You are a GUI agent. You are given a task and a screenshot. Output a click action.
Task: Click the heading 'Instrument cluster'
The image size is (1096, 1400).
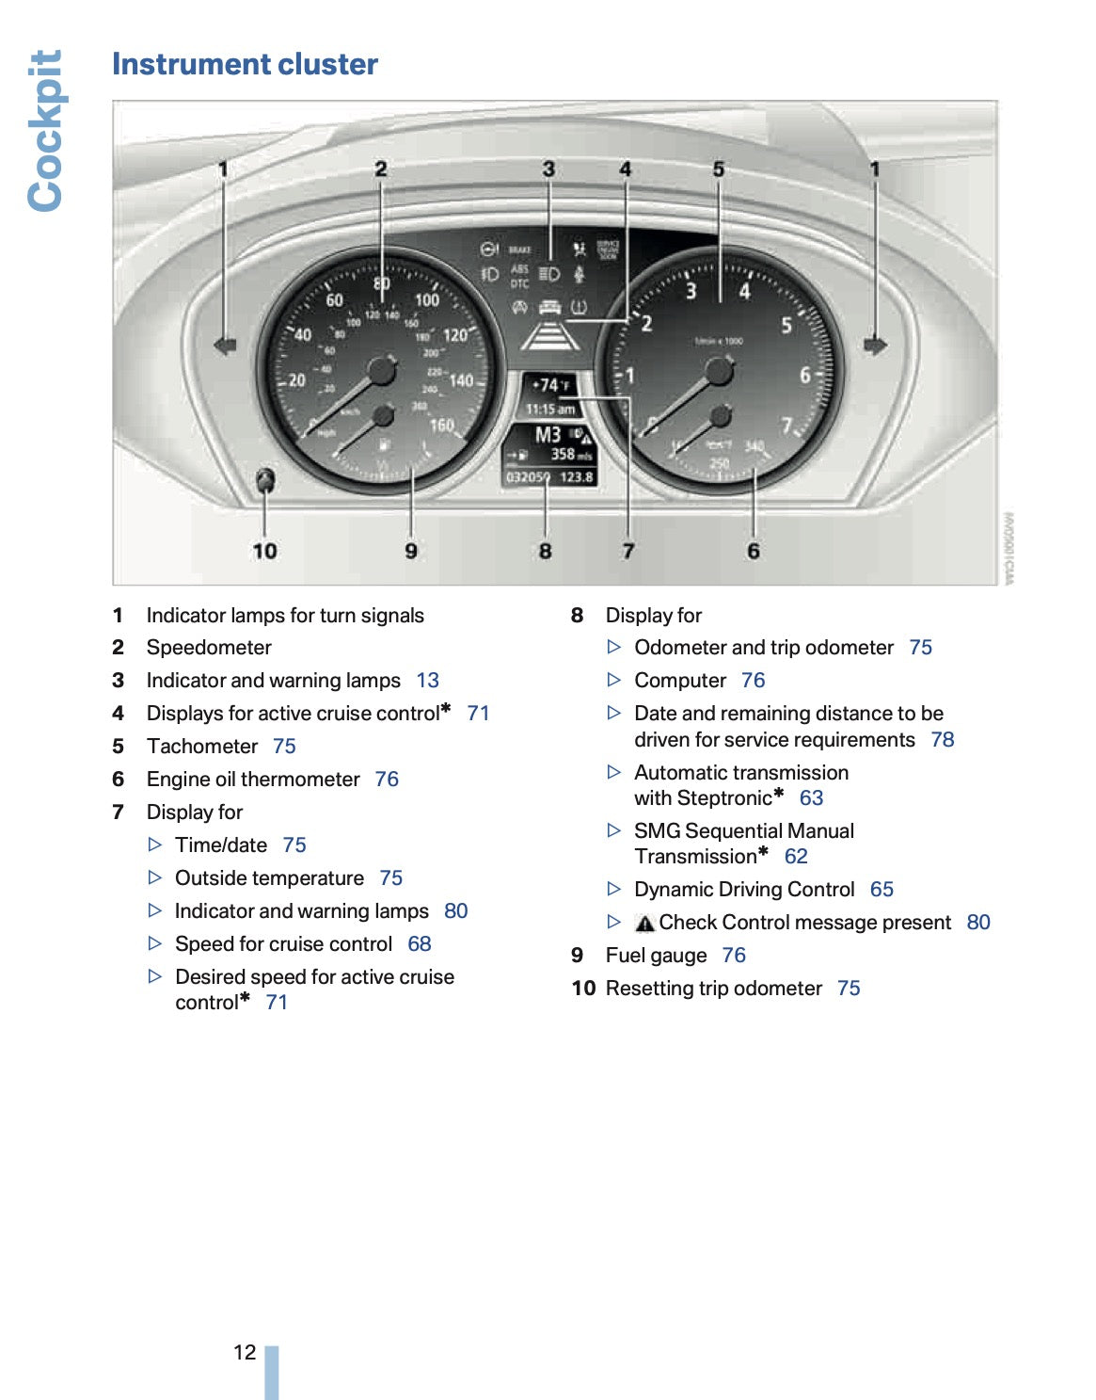click(x=245, y=64)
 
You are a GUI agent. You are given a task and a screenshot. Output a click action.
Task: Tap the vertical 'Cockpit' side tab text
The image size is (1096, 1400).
click(x=45, y=131)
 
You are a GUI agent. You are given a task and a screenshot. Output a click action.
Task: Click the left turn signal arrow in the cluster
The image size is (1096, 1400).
click(x=225, y=346)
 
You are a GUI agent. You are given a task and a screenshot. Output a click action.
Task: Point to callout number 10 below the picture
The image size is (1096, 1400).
click(x=264, y=551)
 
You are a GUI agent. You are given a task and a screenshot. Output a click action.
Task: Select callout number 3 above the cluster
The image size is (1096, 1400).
click(x=548, y=169)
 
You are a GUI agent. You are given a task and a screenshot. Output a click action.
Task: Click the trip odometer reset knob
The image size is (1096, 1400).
click(x=266, y=480)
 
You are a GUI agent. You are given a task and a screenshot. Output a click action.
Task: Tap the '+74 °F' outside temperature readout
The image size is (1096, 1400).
click(x=550, y=385)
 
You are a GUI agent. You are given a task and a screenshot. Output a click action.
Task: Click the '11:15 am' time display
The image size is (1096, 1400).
click(x=550, y=410)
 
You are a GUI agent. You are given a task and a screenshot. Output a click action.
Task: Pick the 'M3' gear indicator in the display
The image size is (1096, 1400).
click(x=548, y=435)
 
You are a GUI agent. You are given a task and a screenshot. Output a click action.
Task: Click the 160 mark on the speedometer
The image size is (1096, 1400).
click(x=441, y=426)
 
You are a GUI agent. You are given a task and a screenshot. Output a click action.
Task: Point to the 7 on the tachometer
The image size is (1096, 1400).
click(x=786, y=426)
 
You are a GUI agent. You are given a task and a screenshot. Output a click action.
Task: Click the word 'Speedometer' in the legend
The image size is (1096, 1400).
click(x=209, y=648)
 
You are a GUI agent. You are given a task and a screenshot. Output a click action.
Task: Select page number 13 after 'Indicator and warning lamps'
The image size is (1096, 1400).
click(x=427, y=681)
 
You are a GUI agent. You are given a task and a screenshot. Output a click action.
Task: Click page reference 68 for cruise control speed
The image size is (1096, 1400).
click(x=420, y=944)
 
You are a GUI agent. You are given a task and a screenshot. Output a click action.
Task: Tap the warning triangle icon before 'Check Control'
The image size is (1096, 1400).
click(x=644, y=924)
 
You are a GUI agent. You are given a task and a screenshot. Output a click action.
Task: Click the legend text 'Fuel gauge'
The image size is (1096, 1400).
click(x=656, y=956)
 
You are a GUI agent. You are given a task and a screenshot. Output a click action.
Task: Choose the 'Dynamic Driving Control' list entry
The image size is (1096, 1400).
click(x=744, y=890)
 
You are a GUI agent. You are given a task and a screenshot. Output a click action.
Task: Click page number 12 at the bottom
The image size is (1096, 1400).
click(x=245, y=1353)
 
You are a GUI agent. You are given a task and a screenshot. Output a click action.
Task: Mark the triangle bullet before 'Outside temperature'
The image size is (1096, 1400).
click(x=156, y=878)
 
